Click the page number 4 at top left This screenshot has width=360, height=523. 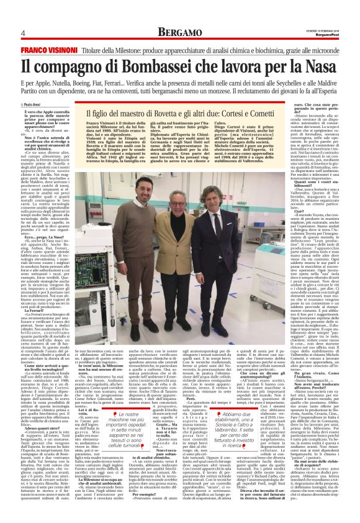[x=22, y=33]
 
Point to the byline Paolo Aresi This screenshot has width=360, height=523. [x=31, y=104]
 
